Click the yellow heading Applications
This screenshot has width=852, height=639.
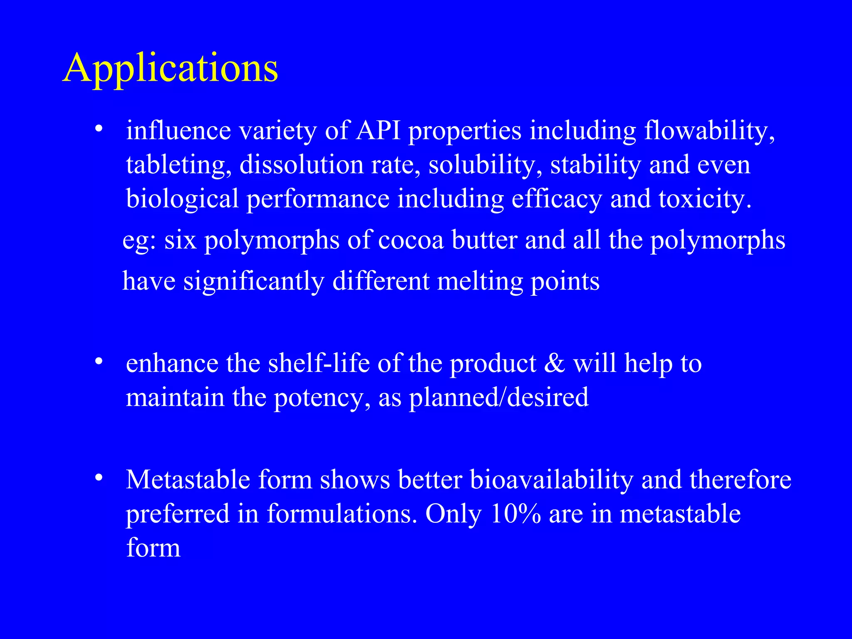pyautogui.click(x=171, y=69)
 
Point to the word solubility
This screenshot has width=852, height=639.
pyautogui.click(x=485, y=165)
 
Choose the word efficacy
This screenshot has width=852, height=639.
pyautogui.click(x=556, y=199)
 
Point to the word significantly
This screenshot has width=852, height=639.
pyautogui.click(x=254, y=281)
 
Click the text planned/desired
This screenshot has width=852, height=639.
pyautogui.click(x=499, y=397)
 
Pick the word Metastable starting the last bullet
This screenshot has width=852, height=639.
pyautogui.click(x=188, y=480)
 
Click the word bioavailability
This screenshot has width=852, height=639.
pyautogui.click(x=551, y=480)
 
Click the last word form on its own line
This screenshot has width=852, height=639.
pyautogui.click(x=153, y=548)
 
